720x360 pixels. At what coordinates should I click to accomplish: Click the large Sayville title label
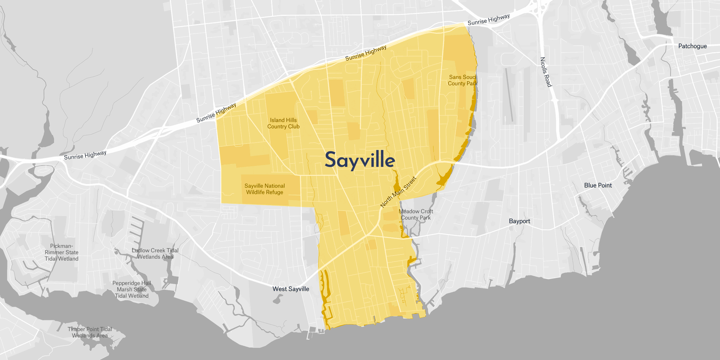tap(359, 160)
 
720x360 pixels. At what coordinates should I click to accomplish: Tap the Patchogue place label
tap(692, 46)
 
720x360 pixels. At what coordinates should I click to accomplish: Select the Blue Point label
tap(598, 185)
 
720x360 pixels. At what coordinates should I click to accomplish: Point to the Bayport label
tap(519, 221)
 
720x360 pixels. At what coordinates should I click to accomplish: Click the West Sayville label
tap(291, 289)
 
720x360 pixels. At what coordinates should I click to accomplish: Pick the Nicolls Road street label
tap(546, 72)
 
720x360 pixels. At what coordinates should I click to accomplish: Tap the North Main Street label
tap(398, 192)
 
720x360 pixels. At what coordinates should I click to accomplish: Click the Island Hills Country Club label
tap(283, 123)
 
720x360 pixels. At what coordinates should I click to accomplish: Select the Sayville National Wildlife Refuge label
tap(264, 189)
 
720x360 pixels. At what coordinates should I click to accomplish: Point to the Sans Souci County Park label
tap(462, 80)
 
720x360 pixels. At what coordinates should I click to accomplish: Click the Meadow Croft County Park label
tap(416, 214)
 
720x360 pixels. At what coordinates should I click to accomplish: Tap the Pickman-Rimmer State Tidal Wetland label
tap(61, 252)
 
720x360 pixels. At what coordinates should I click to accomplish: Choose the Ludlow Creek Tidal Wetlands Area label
tap(155, 253)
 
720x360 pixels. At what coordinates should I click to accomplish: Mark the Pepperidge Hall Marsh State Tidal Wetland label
tap(132, 290)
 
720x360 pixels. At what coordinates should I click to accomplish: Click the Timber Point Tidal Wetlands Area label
tap(90, 332)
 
